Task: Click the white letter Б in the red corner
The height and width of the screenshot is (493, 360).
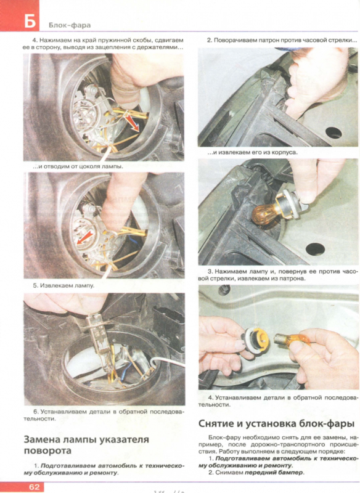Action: (30, 22)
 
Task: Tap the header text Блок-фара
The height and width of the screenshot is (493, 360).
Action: (70, 25)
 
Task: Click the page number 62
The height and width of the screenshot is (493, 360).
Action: (35, 487)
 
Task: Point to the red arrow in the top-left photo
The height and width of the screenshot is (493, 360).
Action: (133, 123)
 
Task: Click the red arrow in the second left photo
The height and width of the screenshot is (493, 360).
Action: (85, 237)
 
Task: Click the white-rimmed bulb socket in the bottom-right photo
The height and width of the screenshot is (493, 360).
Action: (255, 339)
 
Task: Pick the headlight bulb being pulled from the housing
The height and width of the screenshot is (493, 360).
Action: (99, 341)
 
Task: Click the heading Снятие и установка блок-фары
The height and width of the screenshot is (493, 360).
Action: (276, 423)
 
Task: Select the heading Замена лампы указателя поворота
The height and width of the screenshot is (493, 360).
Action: (86, 444)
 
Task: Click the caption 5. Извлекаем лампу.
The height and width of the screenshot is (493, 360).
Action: (64, 285)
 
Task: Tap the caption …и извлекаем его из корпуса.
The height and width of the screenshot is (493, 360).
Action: (253, 152)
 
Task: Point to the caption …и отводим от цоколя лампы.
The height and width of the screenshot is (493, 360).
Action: (78, 166)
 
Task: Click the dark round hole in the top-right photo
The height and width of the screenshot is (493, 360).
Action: (333, 132)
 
